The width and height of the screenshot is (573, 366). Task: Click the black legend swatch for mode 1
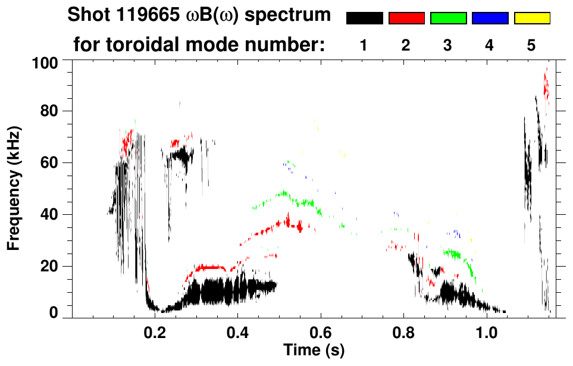[364, 18]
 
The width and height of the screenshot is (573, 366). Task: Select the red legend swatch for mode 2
[406, 18]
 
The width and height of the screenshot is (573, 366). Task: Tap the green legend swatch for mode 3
[448, 18]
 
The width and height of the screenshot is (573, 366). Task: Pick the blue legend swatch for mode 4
[490, 18]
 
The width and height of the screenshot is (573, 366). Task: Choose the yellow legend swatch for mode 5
[531, 18]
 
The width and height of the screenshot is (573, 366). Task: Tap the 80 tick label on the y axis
[49, 111]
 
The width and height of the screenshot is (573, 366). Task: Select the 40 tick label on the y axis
[49, 215]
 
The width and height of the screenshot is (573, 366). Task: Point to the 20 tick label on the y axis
[49, 266]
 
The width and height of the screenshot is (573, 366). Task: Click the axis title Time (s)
[314, 349]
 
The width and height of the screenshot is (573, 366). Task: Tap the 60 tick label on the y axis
[49, 163]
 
